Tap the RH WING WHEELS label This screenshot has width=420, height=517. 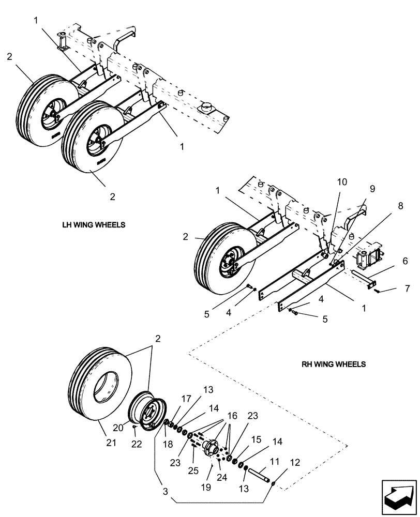point(334,364)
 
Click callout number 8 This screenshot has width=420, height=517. point(385,206)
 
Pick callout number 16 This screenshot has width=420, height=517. point(232,415)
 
